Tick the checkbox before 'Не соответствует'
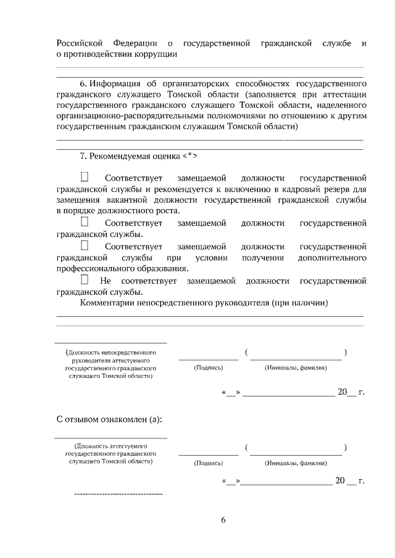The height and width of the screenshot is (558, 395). (85, 281)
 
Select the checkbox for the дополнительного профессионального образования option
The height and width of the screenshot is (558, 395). (85, 246)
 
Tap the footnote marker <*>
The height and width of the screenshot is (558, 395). (188, 155)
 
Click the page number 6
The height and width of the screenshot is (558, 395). (223, 520)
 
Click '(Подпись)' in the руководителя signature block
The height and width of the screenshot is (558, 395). (208, 367)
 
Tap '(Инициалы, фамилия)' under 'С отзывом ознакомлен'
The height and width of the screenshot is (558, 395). (296, 462)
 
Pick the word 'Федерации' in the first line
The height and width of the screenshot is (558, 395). (135, 43)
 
